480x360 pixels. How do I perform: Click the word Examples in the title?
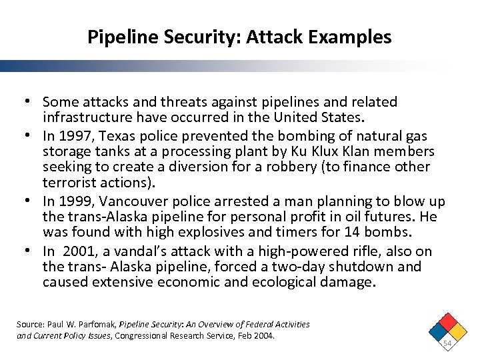[352, 37]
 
